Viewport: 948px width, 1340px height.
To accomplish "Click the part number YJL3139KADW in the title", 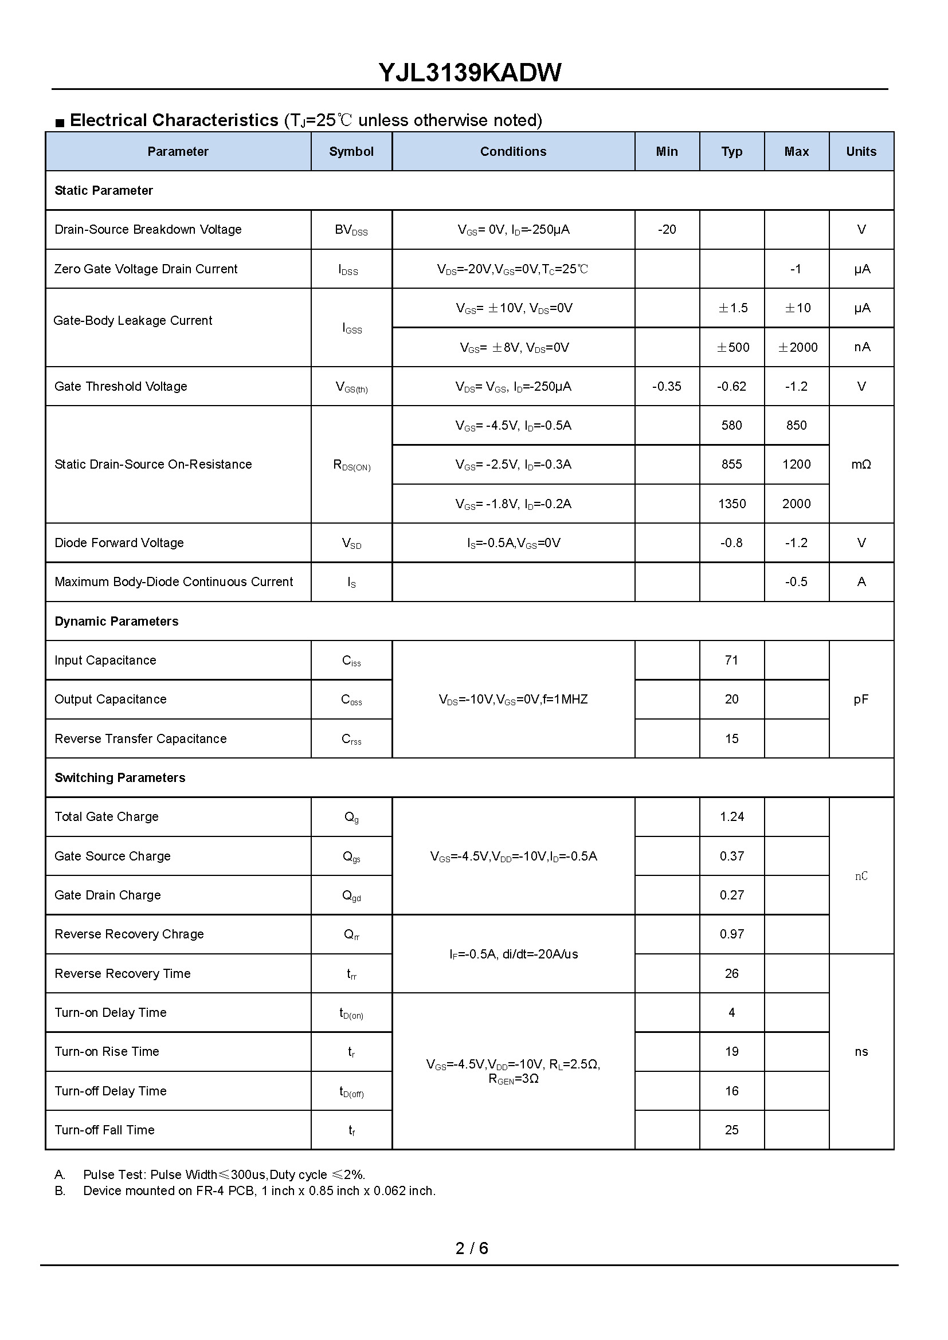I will click(470, 73).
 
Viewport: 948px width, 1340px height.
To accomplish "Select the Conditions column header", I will click(513, 152).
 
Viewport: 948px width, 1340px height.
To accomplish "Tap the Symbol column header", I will click(351, 152).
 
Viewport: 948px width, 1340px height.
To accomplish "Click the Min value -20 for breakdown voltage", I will click(667, 230).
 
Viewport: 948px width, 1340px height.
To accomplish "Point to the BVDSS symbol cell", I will click(351, 230).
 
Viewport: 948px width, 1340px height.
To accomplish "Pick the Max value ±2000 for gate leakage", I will click(797, 347).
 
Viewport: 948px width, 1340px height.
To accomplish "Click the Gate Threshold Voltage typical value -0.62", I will click(731, 386).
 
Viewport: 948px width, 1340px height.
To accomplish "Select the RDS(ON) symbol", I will click(351, 465).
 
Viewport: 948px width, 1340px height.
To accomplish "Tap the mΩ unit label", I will click(861, 465).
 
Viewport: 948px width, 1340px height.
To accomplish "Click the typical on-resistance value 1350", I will click(731, 504).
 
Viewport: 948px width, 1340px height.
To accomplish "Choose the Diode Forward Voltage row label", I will click(119, 543).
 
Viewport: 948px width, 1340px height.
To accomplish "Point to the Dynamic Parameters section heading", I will click(116, 622).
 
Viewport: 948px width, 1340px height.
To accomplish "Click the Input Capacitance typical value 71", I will click(731, 660).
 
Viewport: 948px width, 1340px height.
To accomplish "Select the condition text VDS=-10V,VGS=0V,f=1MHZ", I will click(513, 699).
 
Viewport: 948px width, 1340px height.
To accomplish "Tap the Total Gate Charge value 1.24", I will click(731, 817).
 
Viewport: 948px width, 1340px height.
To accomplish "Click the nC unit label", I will click(861, 876).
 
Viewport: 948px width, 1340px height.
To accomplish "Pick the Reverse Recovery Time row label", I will click(123, 973).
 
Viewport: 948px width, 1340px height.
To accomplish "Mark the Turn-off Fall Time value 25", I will click(731, 1130).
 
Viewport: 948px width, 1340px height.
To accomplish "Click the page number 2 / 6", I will click(472, 1248).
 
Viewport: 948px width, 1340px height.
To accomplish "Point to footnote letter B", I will click(60, 1191).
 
